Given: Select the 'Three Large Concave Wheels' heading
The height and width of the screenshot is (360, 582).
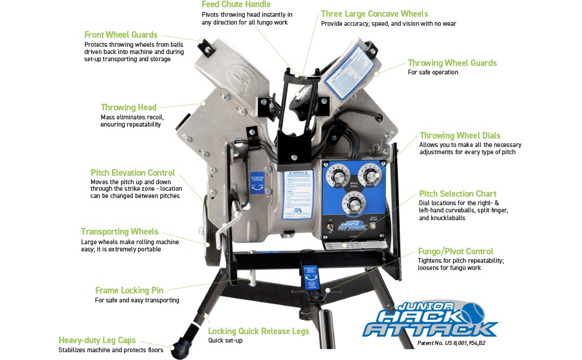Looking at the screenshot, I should [x=374, y=14].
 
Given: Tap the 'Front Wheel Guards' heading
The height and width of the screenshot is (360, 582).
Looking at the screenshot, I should [x=121, y=35].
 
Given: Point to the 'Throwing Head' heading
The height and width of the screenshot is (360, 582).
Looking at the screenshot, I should [x=128, y=107].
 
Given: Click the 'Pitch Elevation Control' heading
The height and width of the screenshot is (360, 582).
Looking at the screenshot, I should [x=133, y=172].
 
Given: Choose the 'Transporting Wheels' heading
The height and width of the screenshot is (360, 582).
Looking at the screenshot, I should [x=120, y=232].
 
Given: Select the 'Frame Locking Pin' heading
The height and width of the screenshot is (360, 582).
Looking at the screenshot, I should [x=129, y=290].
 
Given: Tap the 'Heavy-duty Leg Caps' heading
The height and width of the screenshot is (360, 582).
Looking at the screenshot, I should [x=97, y=340].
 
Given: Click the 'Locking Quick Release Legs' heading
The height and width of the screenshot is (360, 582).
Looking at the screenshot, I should [x=259, y=331].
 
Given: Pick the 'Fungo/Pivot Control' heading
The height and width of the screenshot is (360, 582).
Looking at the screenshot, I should [x=455, y=251].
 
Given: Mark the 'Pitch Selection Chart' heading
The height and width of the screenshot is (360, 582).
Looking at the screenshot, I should [x=457, y=194].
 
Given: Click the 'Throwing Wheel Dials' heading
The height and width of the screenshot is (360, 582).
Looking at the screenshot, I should [x=460, y=136].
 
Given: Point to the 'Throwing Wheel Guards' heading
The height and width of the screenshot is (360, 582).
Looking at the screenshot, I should [x=452, y=63].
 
